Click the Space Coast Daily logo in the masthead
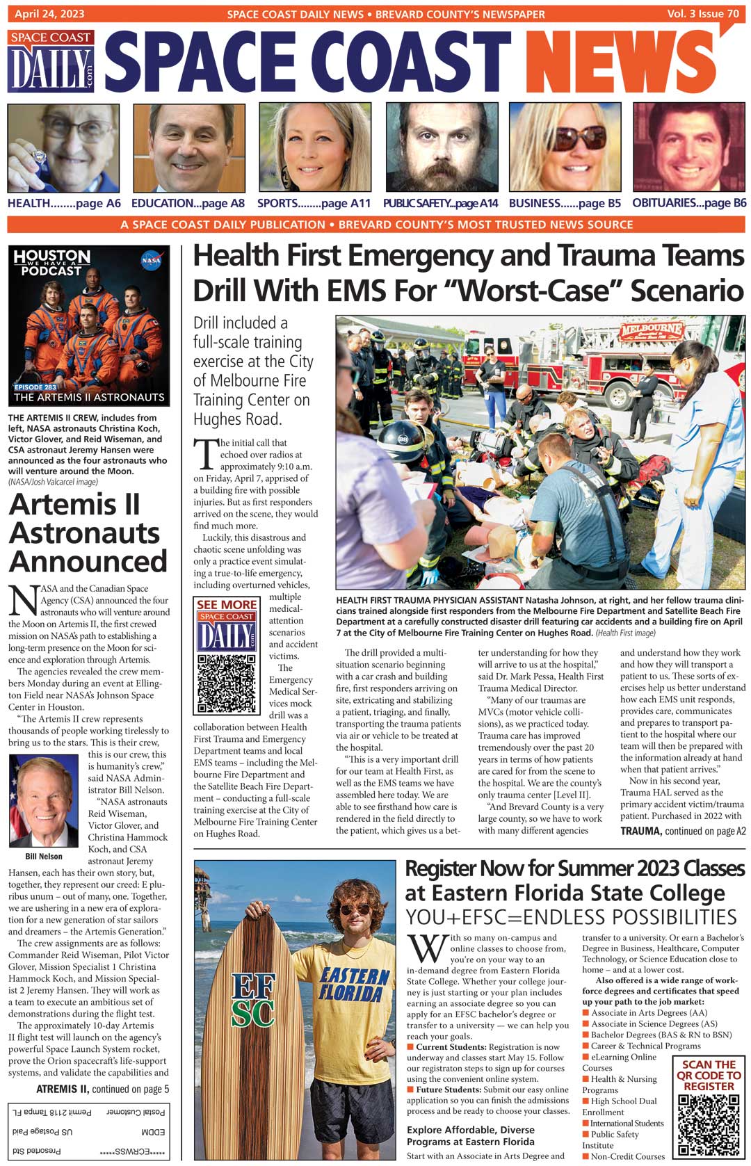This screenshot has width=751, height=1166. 52,61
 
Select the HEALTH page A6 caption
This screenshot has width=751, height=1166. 64,203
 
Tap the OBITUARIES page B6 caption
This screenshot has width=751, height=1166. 689,203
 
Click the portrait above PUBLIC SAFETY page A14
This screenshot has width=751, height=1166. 442,147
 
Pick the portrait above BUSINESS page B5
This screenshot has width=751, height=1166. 565,147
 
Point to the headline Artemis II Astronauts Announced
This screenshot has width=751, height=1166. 88,533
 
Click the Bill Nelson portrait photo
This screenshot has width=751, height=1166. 44,801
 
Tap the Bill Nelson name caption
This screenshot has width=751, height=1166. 44,857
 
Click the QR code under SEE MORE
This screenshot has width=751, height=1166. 226,683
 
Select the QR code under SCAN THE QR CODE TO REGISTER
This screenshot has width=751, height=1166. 709,1124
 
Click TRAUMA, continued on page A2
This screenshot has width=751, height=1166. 683,831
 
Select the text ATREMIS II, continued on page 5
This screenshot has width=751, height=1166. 102,1089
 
